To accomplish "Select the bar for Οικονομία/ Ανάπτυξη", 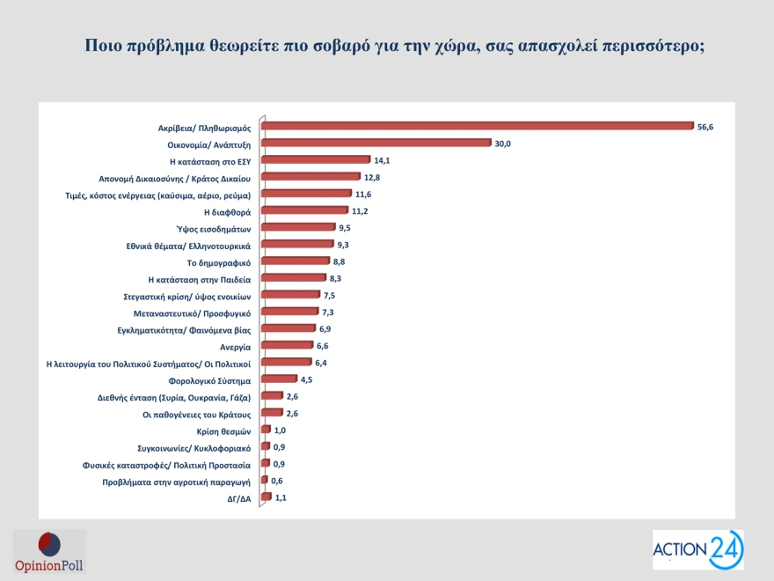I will [x=376, y=143].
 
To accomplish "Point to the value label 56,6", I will [x=705, y=127].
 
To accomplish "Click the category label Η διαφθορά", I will [x=228, y=211].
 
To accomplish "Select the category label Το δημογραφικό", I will [x=220, y=261].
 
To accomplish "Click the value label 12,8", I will [x=373, y=177].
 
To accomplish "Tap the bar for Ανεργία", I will [x=288, y=346].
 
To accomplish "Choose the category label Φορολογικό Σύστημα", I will [x=209, y=380].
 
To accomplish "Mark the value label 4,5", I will [x=307, y=379].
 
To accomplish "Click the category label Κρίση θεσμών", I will [x=224, y=430].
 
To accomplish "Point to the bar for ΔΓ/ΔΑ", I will [x=266, y=497].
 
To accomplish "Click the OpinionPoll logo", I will [x=49, y=551].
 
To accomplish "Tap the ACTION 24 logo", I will [x=697, y=549].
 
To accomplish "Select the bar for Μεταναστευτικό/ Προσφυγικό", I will [x=290, y=312].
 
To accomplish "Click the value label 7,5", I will [x=330, y=295].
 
